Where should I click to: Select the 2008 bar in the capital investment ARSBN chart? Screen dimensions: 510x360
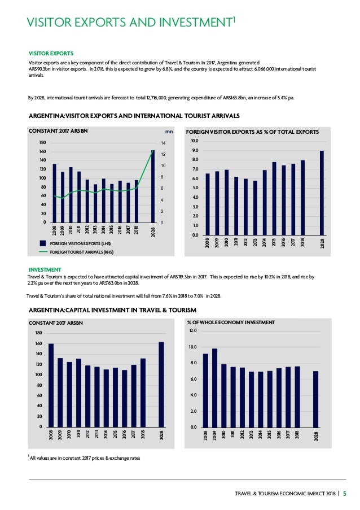(x=51, y=385)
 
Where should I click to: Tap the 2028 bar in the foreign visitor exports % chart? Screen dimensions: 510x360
(x=322, y=193)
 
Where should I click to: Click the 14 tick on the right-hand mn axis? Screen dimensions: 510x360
(x=163, y=143)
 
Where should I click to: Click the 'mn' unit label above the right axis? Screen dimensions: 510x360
(x=161, y=132)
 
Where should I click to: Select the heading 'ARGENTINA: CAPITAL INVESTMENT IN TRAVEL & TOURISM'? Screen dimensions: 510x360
(x=112, y=310)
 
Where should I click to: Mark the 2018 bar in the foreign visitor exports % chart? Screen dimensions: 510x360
(x=303, y=198)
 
